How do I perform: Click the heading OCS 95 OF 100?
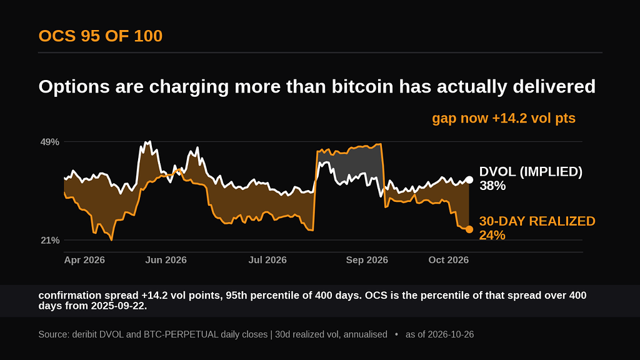click(101, 36)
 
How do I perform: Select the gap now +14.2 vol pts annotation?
click(504, 118)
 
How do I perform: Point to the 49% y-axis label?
click(50, 142)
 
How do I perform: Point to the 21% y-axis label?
click(50, 241)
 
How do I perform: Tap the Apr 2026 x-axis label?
click(84, 260)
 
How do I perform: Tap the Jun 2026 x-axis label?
click(166, 260)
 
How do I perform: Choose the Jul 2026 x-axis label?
click(267, 260)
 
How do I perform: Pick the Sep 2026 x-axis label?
click(367, 260)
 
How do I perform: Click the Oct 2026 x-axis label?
click(449, 260)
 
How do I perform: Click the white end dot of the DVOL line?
click(469, 180)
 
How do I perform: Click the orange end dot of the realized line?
click(469, 229)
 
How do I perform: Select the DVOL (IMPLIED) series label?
click(531, 172)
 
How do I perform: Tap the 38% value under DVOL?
click(492, 186)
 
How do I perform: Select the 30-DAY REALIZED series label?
click(537, 221)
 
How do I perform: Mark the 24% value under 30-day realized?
click(492, 235)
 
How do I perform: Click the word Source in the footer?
click(54, 335)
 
